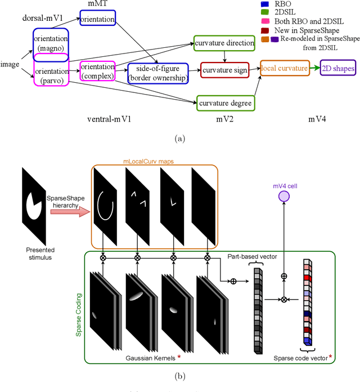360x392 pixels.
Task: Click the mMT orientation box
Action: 97,20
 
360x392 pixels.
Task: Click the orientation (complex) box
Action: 97,71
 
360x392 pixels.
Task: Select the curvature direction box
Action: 224,44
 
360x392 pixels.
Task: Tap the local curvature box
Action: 284,68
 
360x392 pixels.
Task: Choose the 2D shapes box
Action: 337,68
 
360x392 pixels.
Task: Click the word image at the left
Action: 10,64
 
